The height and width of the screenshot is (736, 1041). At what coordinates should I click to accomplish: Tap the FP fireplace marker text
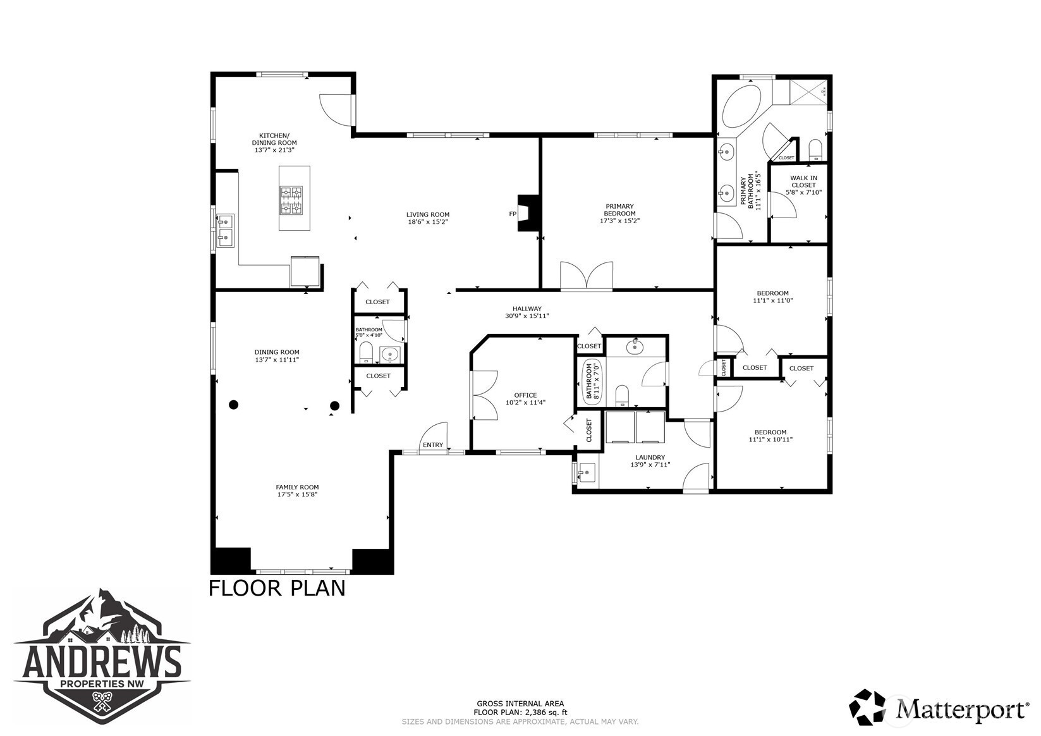(x=513, y=214)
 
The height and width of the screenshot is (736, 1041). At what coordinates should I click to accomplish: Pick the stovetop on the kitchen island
(x=291, y=200)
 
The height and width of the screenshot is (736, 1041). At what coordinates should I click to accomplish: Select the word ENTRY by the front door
(x=433, y=445)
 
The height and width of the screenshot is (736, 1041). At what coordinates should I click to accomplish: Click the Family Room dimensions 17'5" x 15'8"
(x=298, y=494)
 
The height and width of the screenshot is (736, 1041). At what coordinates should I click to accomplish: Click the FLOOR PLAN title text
(x=277, y=588)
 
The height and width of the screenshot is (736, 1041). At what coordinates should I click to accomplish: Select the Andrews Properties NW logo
(x=102, y=656)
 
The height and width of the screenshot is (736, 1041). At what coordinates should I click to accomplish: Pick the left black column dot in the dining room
(x=234, y=405)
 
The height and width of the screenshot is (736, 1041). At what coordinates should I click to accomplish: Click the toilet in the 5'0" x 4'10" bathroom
(x=366, y=352)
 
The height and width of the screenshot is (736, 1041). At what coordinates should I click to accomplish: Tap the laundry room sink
(x=587, y=472)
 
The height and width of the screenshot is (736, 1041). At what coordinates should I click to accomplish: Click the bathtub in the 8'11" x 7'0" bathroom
(x=588, y=381)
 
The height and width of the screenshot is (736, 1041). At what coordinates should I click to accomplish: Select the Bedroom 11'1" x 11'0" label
(x=773, y=297)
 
